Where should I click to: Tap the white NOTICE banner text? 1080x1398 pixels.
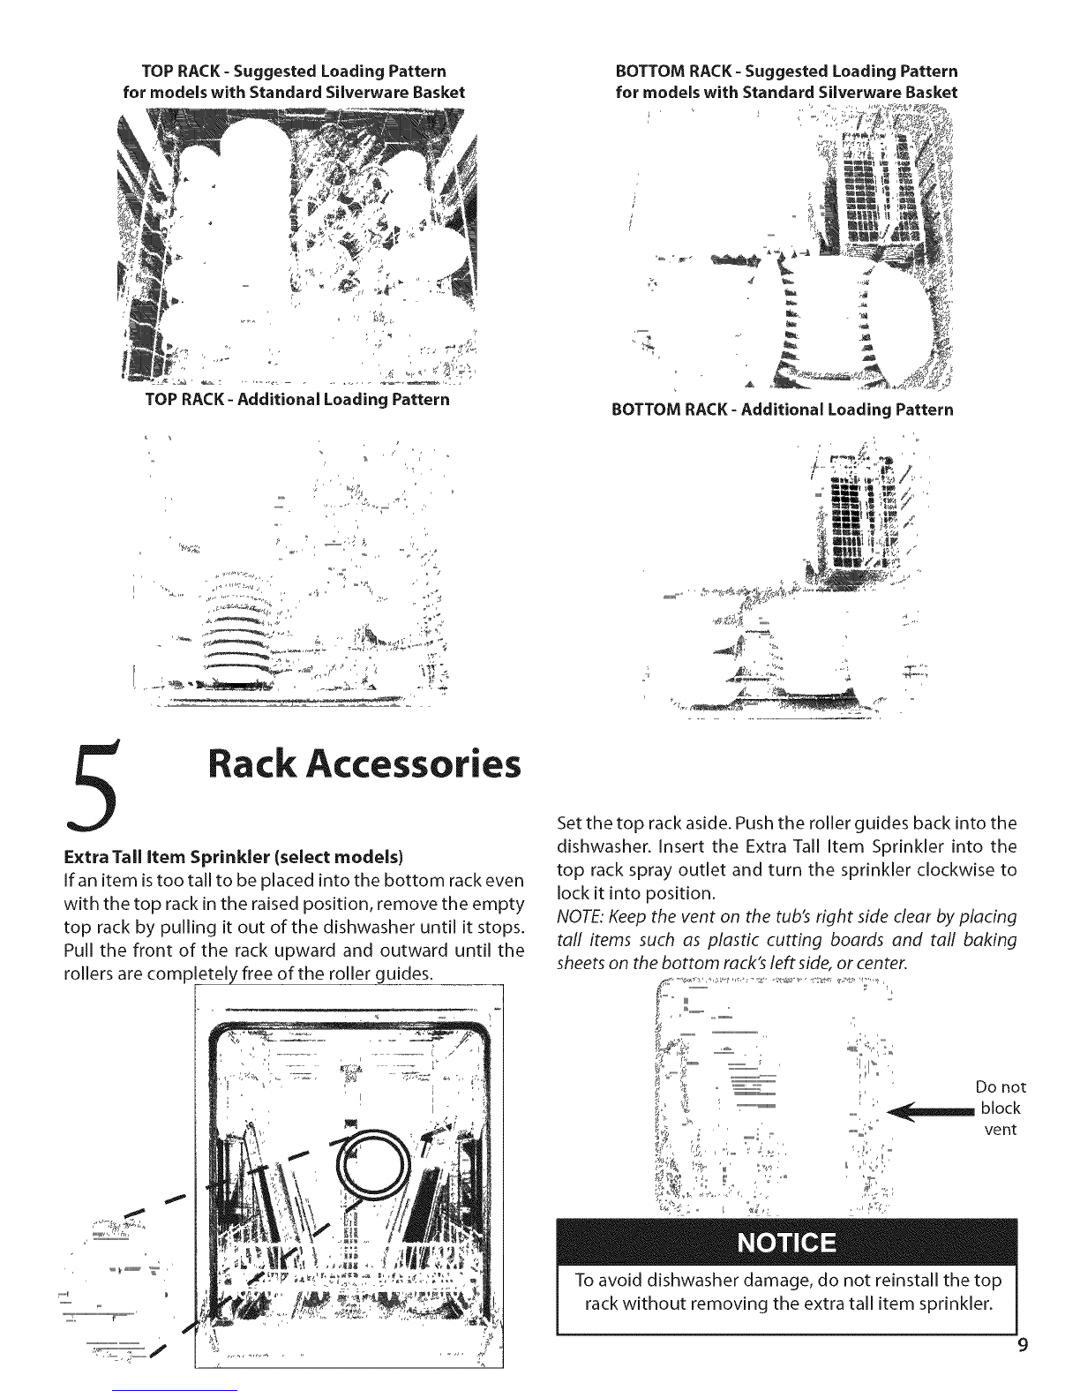785,1243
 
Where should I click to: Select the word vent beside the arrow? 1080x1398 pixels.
1001,1130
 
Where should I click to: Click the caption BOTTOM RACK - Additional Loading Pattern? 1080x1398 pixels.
783,410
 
